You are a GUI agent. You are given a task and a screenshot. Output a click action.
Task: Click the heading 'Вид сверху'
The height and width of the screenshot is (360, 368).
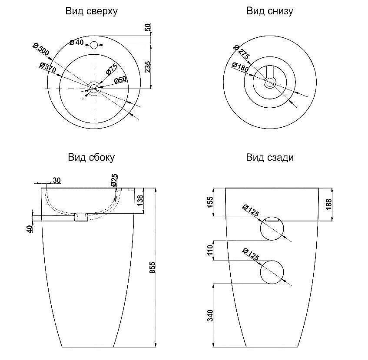coord(91,11)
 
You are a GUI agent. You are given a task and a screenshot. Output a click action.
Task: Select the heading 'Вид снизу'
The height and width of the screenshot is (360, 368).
coord(269,11)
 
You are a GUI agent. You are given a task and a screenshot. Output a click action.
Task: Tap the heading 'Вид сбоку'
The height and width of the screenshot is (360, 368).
coord(91,157)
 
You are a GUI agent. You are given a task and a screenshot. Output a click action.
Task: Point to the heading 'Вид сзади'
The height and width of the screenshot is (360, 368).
coord(270,157)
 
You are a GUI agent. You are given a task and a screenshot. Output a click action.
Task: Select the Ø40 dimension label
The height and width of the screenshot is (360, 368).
coord(76,42)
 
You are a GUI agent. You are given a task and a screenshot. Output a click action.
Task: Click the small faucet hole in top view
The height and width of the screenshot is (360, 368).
coord(93,44)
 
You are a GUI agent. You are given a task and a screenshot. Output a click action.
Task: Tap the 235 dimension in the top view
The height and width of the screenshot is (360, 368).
coord(147,67)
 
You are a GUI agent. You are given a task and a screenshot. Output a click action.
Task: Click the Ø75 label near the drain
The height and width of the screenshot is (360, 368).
coord(112,69)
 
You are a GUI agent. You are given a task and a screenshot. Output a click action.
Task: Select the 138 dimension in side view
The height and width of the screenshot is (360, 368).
coord(140,201)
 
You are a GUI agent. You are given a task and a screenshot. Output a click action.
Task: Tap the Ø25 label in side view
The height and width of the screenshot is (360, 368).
coord(114,181)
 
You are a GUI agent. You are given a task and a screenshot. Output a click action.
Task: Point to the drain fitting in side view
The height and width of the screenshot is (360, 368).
coord(80,217)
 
